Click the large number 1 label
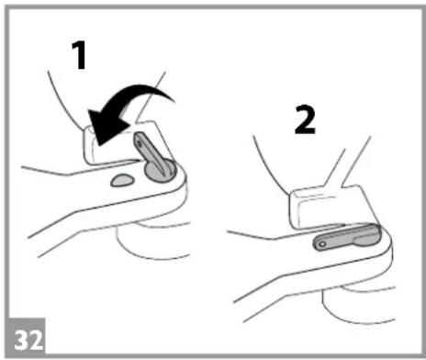click(x=80, y=55)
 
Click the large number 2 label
click(x=305, y=119)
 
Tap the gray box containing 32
click(x=27, y=336)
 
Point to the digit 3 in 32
click(x=21, y=340)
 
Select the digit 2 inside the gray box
click(x=36, y=340)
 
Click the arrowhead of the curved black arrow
click(x=106, y=127)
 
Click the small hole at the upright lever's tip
click(x=140, y=142)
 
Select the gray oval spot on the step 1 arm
click(x=122, y=180)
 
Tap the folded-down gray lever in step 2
click(x=347, y=237)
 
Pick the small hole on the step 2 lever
click(x=322, y=244)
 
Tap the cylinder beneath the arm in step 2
click(x=358, y=304)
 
